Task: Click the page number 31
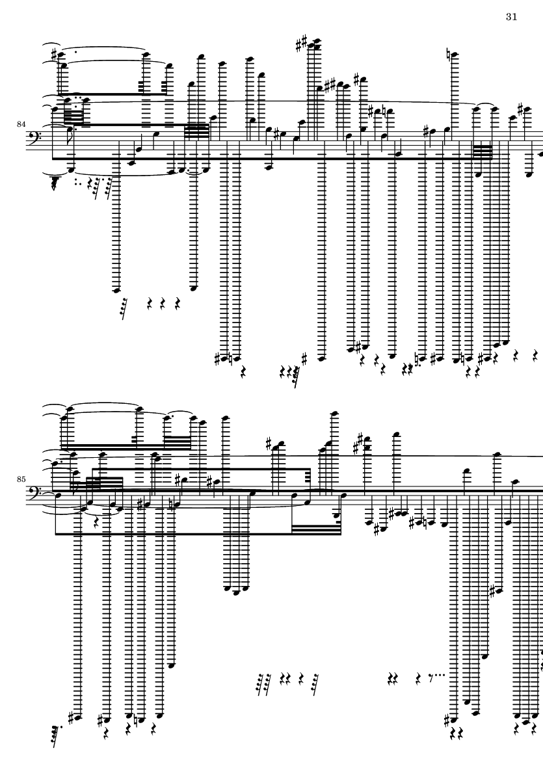pyautogui.click(x=510, y=17)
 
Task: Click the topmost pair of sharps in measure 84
pyautogui.click(x=301, y=44)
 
